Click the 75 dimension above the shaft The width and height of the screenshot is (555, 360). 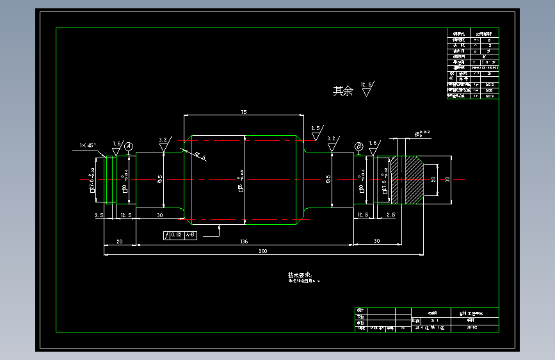coord(243,112)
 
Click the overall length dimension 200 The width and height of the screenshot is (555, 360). coord(262,252)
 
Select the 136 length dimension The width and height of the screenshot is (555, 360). coord(244,241)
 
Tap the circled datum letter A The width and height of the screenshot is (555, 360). coord(128,147)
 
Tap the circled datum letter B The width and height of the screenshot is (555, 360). coord(358,147)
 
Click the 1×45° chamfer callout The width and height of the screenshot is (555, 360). coord(88,145)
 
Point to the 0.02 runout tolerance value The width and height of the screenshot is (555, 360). coord(176,236)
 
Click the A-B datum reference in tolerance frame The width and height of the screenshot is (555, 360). coord(190,236)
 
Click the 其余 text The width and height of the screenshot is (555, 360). coord(342,91)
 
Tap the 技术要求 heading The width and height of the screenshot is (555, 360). coord(298,275)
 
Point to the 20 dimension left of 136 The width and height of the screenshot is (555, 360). coord(119,241)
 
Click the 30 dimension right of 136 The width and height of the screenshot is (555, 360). coord(376,241)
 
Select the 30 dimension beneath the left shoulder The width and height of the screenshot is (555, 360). coord(159,216)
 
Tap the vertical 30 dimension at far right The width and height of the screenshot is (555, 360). coord(448,180)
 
